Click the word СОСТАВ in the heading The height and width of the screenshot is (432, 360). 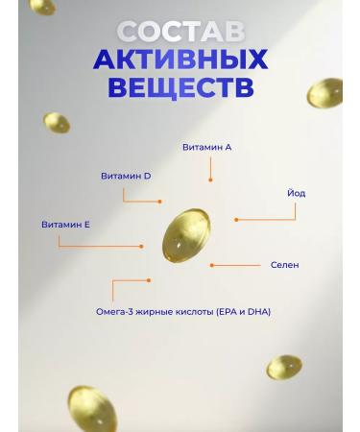180,33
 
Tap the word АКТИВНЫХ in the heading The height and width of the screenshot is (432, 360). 180,60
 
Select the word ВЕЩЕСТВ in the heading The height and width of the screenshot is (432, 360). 180,87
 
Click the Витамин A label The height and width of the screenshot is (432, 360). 206,147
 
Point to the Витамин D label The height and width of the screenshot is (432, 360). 126,176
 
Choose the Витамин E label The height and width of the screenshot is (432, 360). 65,224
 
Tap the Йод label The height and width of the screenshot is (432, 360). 296,193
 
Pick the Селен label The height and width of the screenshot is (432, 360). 284,264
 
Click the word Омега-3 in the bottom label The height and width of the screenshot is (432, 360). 117,311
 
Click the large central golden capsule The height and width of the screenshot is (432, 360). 185,236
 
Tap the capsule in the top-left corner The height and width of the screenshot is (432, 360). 42,7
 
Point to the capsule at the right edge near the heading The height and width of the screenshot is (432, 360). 325,93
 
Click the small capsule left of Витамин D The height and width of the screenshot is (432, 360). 57,123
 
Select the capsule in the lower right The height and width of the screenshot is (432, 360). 283,367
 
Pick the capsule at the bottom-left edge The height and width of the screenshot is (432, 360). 91,408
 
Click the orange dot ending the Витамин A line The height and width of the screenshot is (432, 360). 210,180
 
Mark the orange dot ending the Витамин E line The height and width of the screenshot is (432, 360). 141,246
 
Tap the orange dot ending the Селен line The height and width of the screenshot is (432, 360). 211,265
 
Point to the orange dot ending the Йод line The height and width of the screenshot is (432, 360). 236,220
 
